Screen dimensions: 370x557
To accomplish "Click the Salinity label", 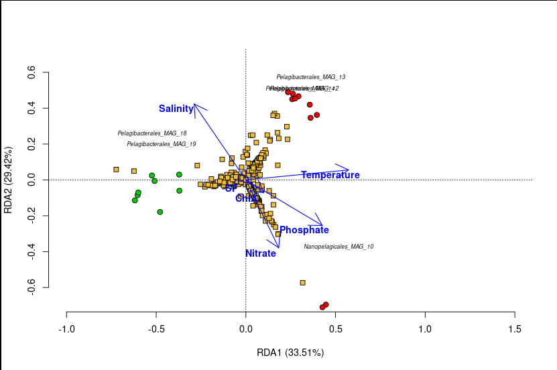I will pyautogui.click(x=176, y=109).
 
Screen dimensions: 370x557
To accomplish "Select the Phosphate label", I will pyautogui.click(x=304, y=230).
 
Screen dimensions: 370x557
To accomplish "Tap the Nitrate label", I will pyautogui.click(x=260, y=253).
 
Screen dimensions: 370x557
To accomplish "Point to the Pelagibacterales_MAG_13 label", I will pyautogui.click(x=310, y=77).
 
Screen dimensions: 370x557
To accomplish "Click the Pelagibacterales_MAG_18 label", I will pyautogui.click(x=151, y=133).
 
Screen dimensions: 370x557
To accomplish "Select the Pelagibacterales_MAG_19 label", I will pyautogui.click(x=161, y=144).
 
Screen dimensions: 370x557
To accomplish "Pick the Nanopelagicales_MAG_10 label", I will pyautogui.click(x=338, y=247).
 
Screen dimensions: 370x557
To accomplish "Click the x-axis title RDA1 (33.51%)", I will pyautogui.click(x=290, y=353).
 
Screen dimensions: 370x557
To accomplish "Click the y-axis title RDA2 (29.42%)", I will pyautogui.click(x=9, y=180).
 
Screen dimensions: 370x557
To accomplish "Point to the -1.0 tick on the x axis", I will pyautogui.click(x=66, y=329).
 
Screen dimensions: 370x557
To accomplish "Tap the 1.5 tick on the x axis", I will pyautogui.click(x=515, y=329).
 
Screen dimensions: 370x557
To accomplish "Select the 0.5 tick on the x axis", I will pyautogui.click(x=336, y=329).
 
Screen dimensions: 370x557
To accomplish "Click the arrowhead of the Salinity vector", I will pyautogui.click(x=194, y=105).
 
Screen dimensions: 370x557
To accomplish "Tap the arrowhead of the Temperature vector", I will pyautogui.click(x=349, y=168).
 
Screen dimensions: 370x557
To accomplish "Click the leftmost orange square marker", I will pyautogui.click(x=116, y=170).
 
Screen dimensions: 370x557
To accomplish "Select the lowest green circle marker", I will pyautogui.click(x=160, y=212).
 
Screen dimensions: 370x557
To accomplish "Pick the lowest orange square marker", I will pyautogui.click(x=302, y=283).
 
